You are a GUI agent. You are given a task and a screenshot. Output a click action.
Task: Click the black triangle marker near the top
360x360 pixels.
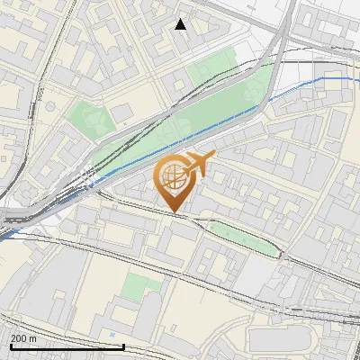[181, 24]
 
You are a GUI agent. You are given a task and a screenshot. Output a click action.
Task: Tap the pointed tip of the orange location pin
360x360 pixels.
[175, 212]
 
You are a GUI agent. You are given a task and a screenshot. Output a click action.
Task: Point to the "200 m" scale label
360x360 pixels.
[23, 337]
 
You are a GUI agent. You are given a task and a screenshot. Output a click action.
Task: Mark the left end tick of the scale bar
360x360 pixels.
[11, 345]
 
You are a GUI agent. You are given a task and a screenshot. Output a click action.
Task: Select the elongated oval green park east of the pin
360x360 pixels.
[243, 236]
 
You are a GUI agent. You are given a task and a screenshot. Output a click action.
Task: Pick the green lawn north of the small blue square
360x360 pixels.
[141, 286]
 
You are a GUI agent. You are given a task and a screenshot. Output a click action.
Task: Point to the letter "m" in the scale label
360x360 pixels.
[32, 337]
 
